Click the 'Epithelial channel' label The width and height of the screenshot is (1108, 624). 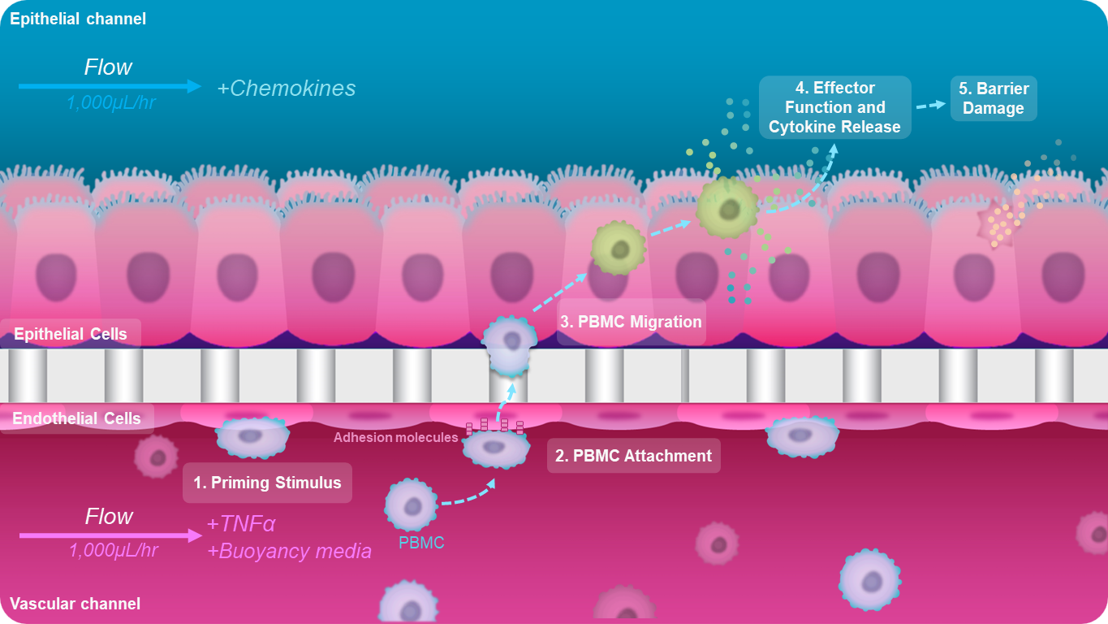pos(78,19)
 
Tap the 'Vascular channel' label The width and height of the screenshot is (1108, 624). pos(75,604)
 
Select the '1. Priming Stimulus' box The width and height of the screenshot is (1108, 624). pos(267,483)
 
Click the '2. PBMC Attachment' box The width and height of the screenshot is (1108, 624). pos(633,456)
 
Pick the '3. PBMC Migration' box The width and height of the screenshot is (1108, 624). pos(631,322)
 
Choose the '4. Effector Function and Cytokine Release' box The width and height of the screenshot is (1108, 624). pos(834,107)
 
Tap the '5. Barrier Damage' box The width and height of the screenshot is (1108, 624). pos(994,98)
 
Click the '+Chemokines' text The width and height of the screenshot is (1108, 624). pos(286,89)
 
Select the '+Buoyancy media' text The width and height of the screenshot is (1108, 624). pos(289,552)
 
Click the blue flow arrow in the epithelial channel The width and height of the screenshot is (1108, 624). pos(109,86)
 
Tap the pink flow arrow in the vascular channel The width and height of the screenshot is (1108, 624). pos(110,535)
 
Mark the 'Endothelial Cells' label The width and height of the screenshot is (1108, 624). pos(76,418)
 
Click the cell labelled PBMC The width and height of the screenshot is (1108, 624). pos(412,505)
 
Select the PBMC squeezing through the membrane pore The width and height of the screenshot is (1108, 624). pos(510,344)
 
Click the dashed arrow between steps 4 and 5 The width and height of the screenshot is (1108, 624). pos(929,105)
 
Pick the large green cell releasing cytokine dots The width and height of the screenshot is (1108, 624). pos(726,207)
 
